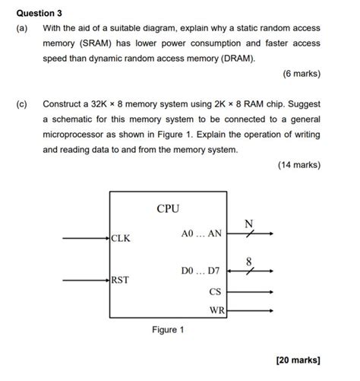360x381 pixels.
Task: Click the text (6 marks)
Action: pyautogui.click(x=301, y=74)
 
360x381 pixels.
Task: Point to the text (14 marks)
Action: pyautogui.click(x=298, y=165)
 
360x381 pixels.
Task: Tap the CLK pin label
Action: pyautogui.click(x=121, y=238)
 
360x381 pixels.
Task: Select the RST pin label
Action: pyautogui.click(x=120, y=280)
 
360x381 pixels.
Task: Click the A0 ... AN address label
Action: pyautogui.click(x=201, y=234)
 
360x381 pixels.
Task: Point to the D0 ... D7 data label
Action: pyautogui.click(x=201, y=271)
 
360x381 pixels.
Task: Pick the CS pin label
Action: pyautogui.click(x=215, y=291)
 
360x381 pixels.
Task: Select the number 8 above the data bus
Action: pyautogui.click(x=248, y=261)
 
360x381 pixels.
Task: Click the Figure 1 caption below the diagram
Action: pyautogui.click(x=168, y=330)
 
